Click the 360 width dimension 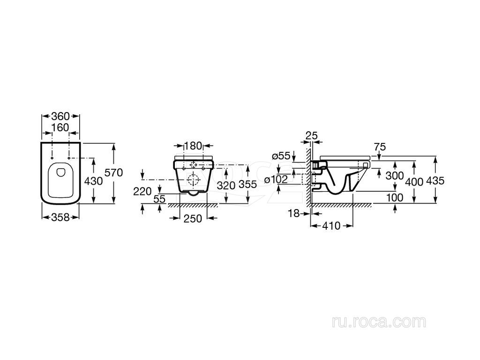tap(60, 116)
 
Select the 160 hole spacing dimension tap(60, 127)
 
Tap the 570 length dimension tap(113, 172)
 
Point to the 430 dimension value tap(93, 181)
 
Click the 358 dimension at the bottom tap(60, 217)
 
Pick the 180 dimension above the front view tap(194, 146)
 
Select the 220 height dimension tap(142, 192)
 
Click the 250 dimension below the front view tap(193, 218)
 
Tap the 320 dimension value tap(226, 185)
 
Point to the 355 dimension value tap(247, 184)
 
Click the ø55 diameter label tap(281, 156)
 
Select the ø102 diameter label tap(276, 180)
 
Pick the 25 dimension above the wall tap(312, 135)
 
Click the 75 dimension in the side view tap(380, 147)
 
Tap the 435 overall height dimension tap(435, 181)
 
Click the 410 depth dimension tap(331, 226)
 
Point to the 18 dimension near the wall tap(294, 213)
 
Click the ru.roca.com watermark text tap(379, 322)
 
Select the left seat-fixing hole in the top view tap(52, 158)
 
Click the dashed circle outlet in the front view tap(193, 180)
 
